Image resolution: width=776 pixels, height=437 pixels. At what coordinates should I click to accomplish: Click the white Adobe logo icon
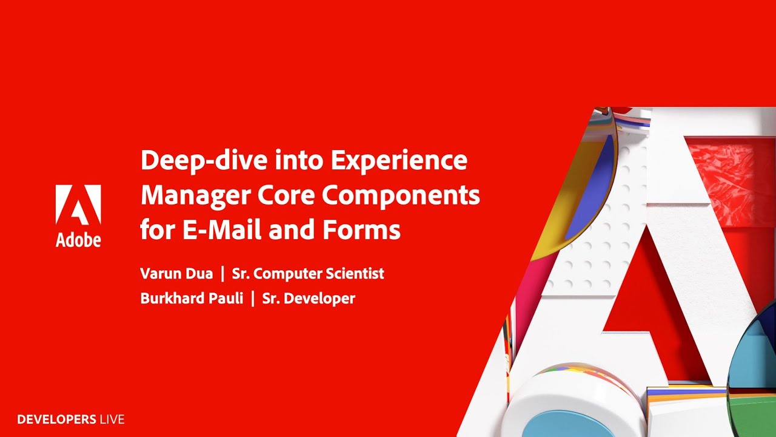(78, 205)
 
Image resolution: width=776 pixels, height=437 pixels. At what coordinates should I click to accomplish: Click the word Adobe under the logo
(78, 240)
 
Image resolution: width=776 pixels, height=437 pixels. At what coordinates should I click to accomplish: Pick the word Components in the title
(401, 195)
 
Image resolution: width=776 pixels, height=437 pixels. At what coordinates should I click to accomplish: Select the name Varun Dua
(176, 274)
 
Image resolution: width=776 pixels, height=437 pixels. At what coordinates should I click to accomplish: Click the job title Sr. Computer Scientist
(308, 274)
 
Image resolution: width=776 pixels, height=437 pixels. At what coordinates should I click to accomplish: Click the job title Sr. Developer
(309, 299)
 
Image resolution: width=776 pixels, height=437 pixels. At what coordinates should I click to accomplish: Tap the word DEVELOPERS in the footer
(57, 419)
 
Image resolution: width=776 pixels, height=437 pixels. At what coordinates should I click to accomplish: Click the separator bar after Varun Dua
(222, 274)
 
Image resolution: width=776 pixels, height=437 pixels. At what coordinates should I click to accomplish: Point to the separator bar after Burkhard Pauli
(253, 299)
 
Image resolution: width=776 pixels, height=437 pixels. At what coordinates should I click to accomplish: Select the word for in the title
(155, 230)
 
